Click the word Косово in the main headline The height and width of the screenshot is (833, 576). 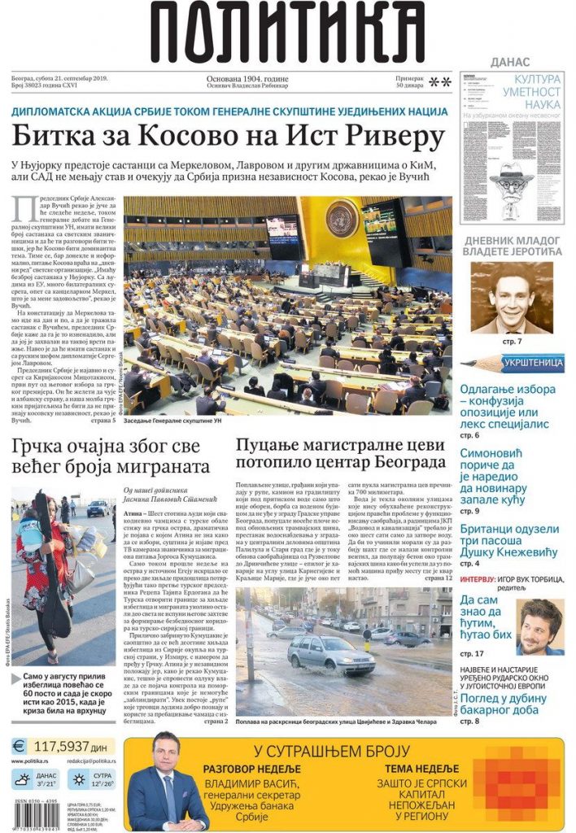[192, 135]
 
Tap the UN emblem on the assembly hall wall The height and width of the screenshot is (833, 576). [342, 218]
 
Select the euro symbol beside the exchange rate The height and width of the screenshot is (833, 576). [20, 746]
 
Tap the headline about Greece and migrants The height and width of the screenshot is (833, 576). [111, 456]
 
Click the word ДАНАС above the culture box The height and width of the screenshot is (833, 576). [510, 62]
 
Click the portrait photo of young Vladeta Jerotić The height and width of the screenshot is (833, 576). [511, 297]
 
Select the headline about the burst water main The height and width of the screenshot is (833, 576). [340, 456]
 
